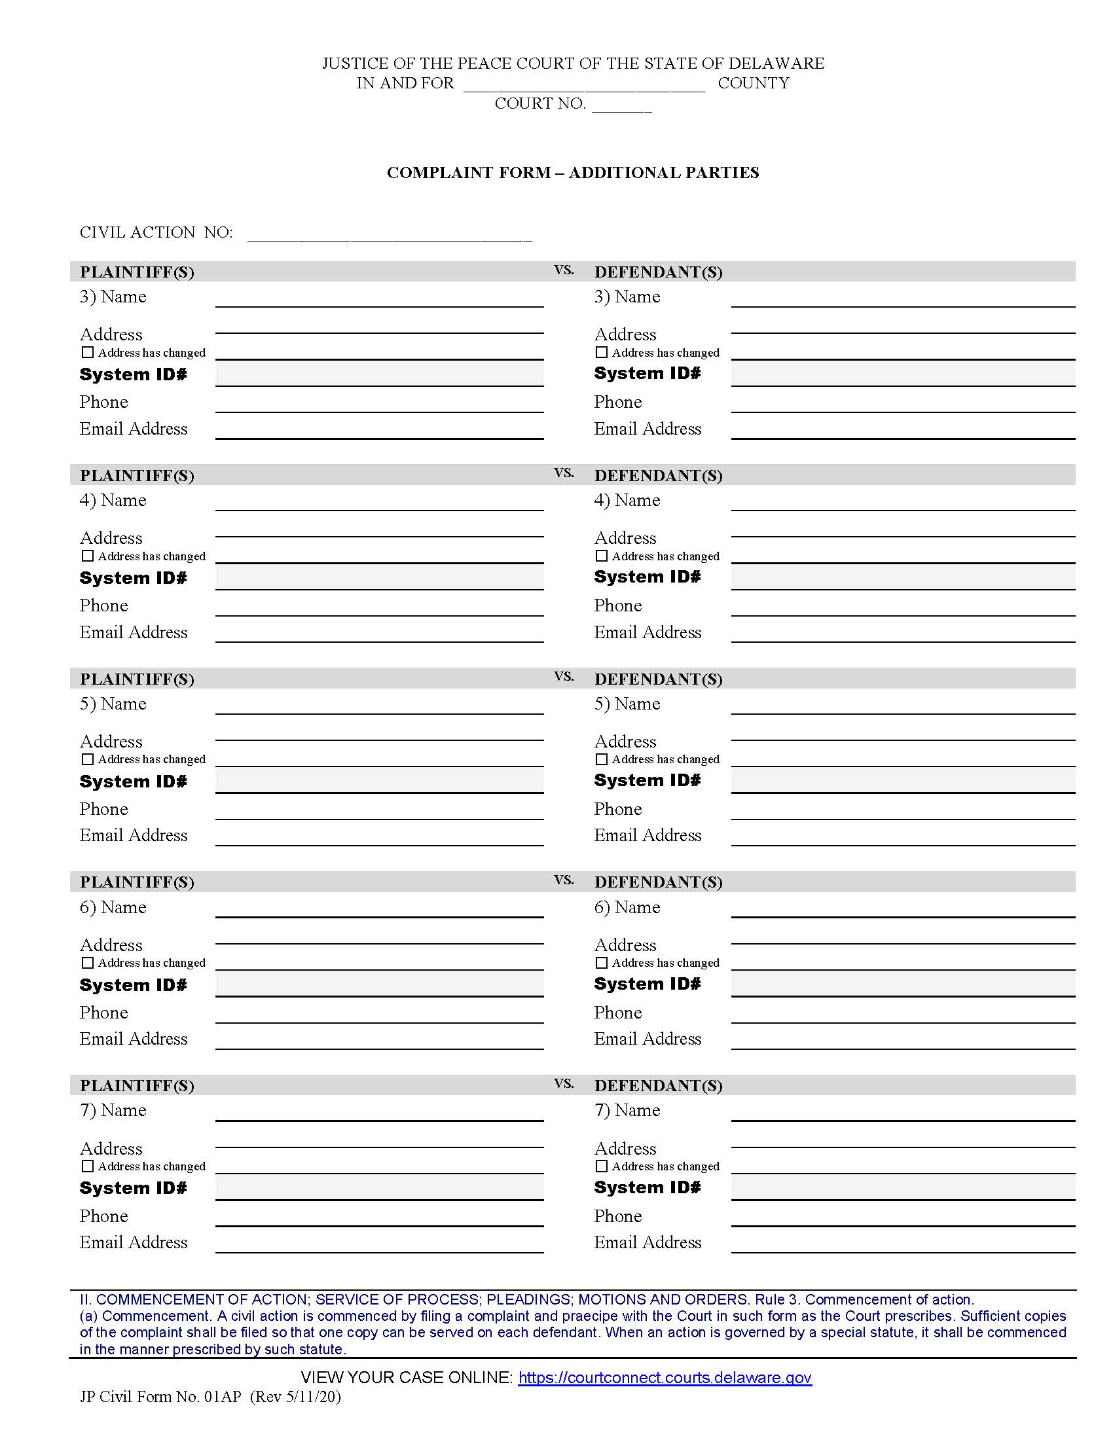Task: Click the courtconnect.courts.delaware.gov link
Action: tap(664, 1377)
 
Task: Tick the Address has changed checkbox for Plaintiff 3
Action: tap(87, 352)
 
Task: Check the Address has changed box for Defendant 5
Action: tap(600, 759)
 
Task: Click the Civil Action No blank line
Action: tap(389, 236)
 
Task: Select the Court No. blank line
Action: tap(621, 107)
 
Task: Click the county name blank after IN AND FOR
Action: tap(583, 86)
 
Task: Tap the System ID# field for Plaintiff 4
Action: tap(379, 577)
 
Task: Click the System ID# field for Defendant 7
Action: tap(902, 1187)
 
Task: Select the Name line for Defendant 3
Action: tap(902, 298)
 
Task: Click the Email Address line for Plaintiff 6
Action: tap(379, 1041)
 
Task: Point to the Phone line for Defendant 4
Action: tap(902, 607)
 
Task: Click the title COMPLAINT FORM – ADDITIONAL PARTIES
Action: tap(572, 173)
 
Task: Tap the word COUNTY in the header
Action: tap(753, 83)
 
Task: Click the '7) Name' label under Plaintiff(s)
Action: tap(113, 1110)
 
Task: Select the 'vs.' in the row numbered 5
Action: tap(564, 676)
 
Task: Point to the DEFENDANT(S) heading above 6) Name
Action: tap(657, 882)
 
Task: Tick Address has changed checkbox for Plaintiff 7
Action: tap(87, 1166)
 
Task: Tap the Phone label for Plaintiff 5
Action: tap(103, 809)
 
